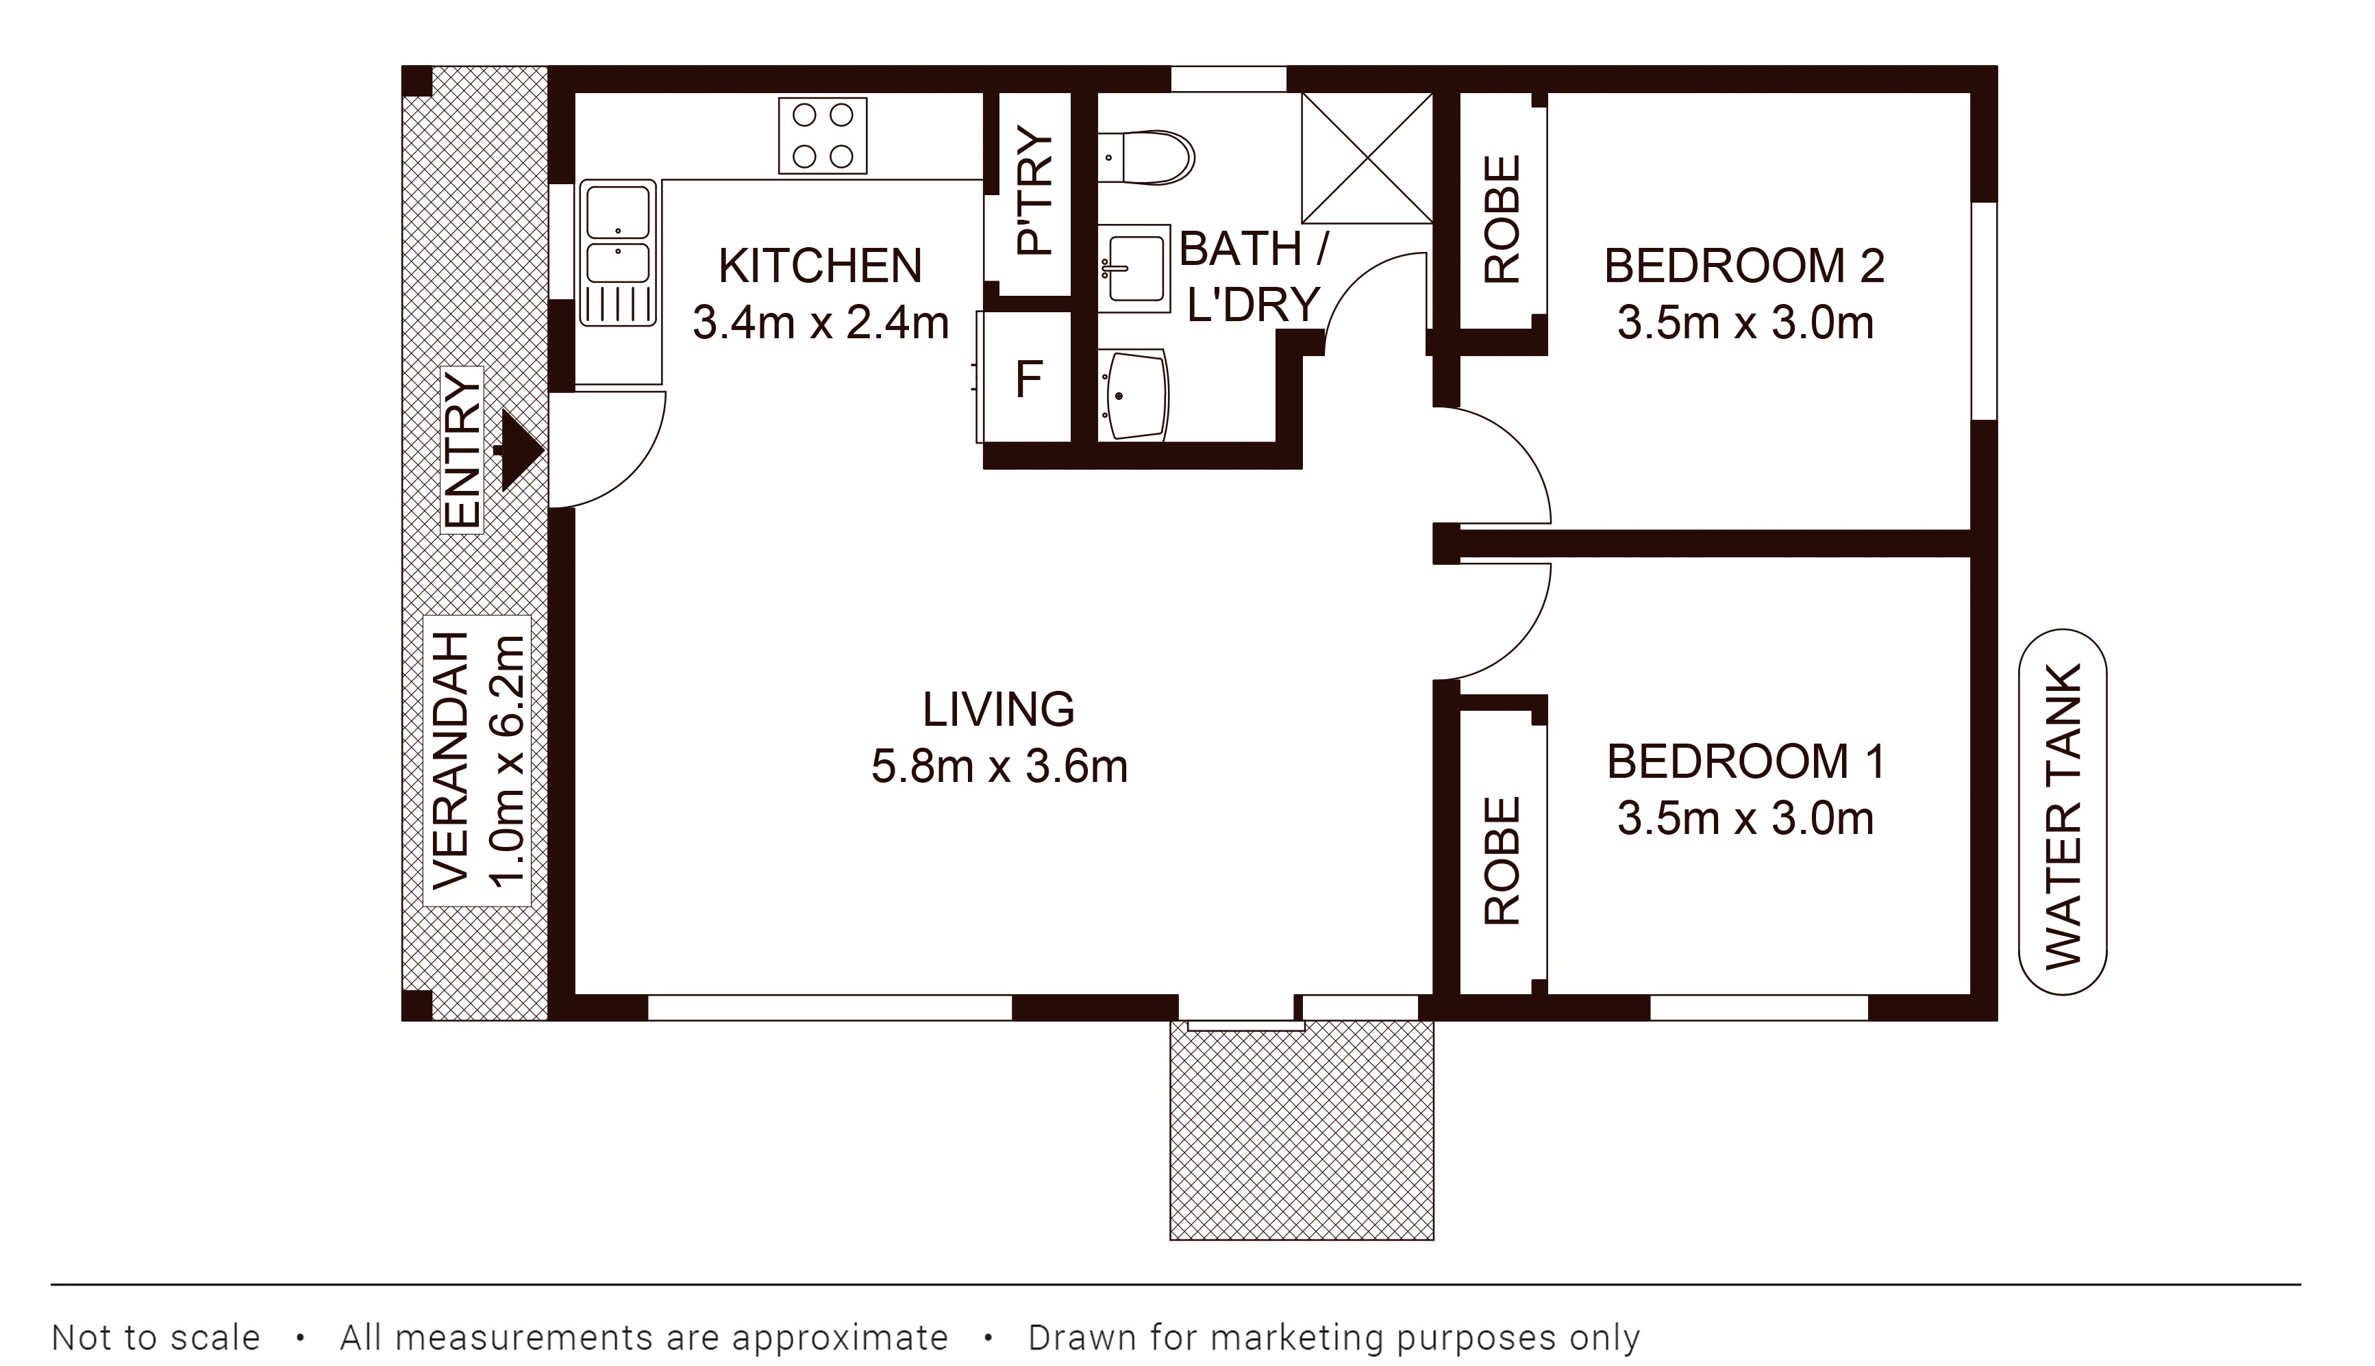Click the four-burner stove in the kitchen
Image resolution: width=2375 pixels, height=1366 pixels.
822,136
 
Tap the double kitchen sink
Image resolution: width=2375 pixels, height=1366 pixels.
617,253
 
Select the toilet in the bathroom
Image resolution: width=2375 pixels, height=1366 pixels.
1146,157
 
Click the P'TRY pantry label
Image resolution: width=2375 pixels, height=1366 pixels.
1036,192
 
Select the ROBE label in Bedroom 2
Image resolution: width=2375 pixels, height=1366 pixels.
1502,220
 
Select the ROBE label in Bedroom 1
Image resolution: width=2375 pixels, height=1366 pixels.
1502,861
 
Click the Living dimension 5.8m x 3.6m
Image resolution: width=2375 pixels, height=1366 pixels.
999,766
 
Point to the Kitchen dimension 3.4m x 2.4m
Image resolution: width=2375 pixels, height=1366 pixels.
821,322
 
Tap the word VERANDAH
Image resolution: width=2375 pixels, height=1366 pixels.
451,760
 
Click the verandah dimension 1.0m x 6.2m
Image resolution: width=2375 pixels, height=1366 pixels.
507,760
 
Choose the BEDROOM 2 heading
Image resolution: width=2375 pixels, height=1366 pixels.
1744,266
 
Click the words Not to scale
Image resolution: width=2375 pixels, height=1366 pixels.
156,1337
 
